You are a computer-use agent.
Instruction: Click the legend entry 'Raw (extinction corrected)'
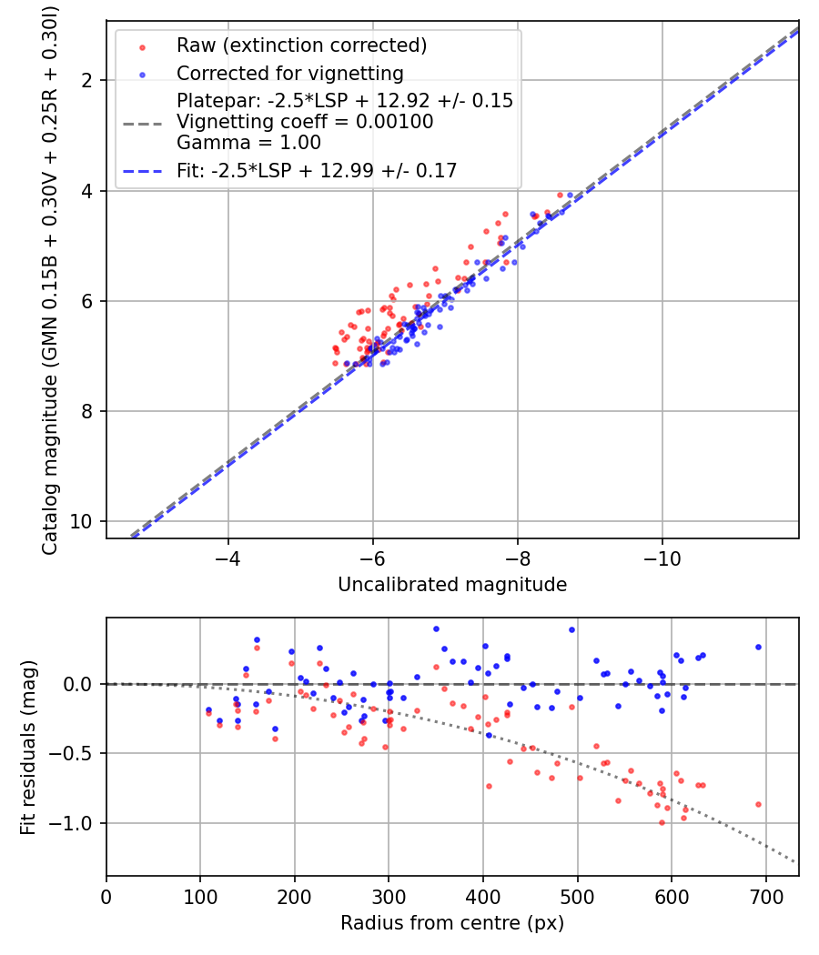tap(301, 45)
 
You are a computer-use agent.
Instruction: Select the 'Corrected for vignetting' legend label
tap(290, 74)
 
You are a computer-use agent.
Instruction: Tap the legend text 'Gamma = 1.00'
tap(248, 143)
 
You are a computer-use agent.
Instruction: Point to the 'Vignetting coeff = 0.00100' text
tap(305, 122)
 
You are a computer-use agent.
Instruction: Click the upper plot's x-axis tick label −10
tap(662, 558)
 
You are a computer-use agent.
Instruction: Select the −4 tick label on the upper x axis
tap(227, 558)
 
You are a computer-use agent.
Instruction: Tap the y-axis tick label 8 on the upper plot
tap(86, 412)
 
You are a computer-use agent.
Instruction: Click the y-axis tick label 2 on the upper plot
tap(86, 80)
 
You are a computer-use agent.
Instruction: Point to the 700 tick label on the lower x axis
tap(765, 897)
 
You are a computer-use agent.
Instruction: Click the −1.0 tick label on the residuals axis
tap(70, 823)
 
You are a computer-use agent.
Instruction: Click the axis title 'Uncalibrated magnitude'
tap(452, 585)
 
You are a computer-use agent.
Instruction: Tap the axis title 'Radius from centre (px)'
tap(452, 923)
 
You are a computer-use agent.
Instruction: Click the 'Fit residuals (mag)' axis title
tap(28, 748)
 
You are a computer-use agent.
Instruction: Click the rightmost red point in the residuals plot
tap(758, 805)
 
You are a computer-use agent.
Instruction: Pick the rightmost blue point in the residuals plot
tap(758, 648)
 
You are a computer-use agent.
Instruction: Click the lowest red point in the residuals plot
tap(662, 823)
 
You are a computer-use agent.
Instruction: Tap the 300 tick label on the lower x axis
tap(389, 897)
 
